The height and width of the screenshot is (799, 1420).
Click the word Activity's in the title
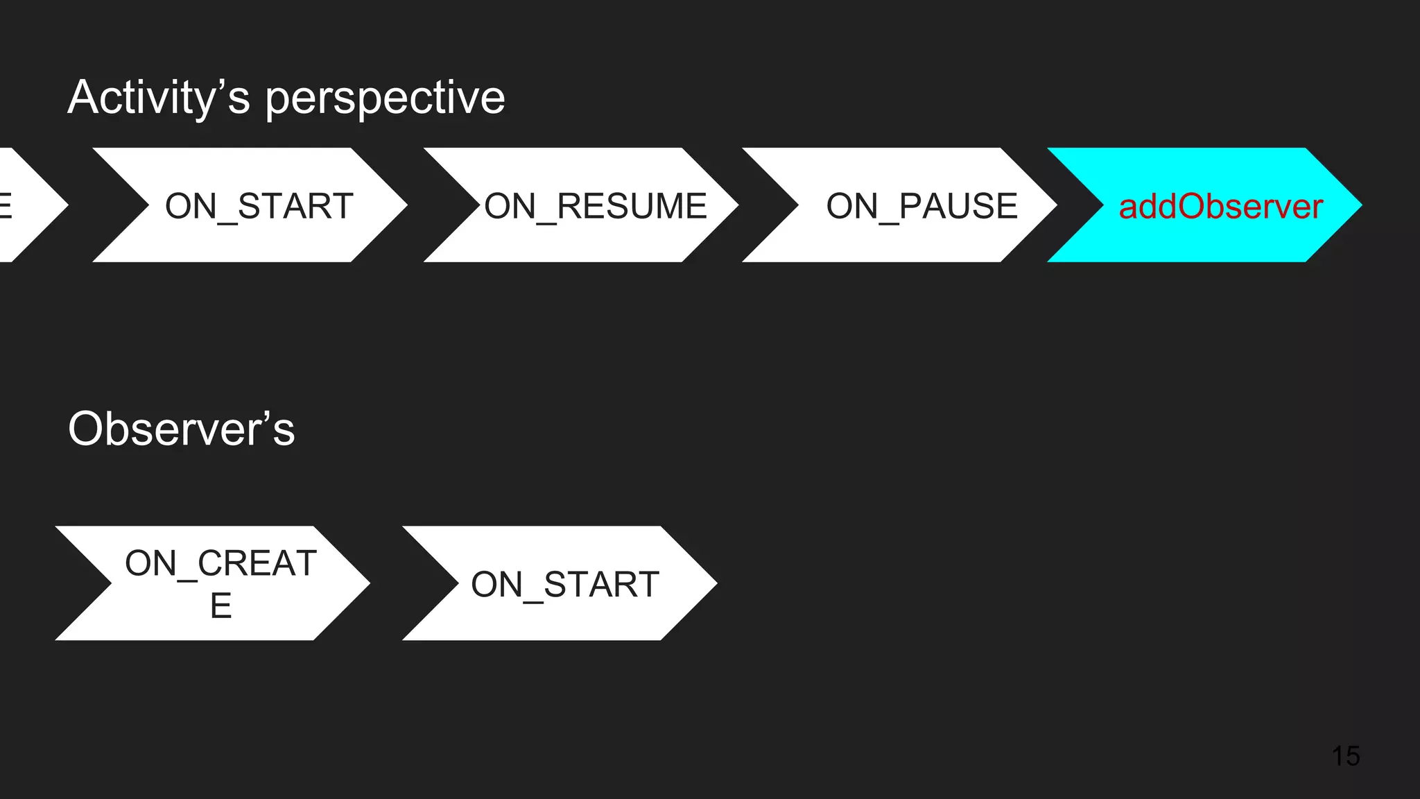tap(158, 98)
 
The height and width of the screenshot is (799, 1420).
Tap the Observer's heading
tap(182, 429)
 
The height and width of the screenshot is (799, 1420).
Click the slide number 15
tap(1345, 756)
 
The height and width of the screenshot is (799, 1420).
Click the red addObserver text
tap(1220, 207)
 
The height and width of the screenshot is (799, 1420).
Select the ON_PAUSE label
tap(921, 206)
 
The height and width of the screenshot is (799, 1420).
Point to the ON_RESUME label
tap(595, 206)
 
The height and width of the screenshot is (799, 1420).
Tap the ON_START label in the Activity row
tap(259, 206)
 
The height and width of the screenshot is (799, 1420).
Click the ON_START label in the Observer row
tap(565, 584)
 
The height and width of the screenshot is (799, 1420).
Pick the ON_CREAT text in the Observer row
tap(220, 562)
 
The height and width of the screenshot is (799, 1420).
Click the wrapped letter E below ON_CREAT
tap(220, 605)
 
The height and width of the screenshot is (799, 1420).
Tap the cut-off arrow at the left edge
tap(28, 205)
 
